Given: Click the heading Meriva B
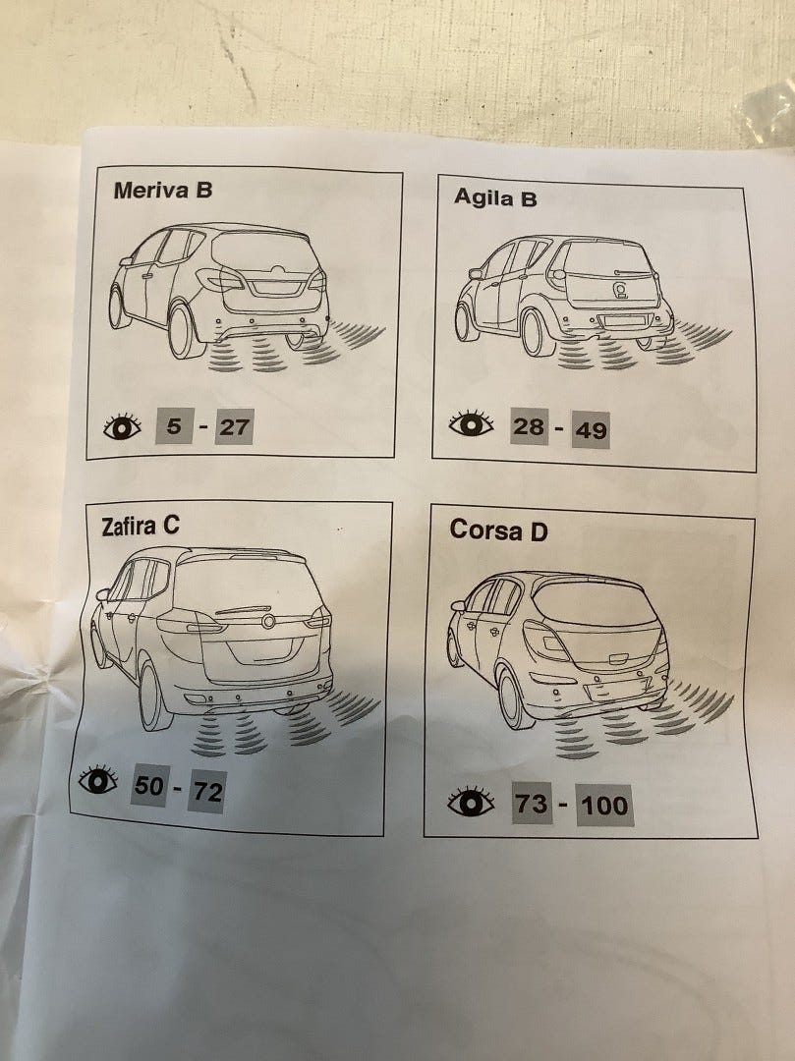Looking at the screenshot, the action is [x=162, y=191].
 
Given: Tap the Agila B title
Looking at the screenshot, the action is [x=495, y=197].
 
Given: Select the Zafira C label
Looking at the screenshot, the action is [x=141, y=526].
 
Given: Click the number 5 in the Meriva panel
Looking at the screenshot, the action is [x=175, y=425].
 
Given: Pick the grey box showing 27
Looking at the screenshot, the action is [x=234, y=427].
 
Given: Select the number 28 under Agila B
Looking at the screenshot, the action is [x=529, y=426].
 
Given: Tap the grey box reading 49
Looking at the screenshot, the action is [x=590, y=429].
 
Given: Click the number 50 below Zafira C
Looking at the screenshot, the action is [x=148, y=785].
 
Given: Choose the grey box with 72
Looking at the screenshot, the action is [x=207, y=791].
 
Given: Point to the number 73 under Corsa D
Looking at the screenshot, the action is [x=531, y=804].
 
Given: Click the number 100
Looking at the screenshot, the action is [x=605, y=806].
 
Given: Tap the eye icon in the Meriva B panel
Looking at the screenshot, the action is [x=123, y=426].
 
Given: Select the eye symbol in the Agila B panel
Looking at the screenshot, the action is [x=471, y=423].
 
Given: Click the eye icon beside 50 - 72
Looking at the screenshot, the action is [x=98, y=780].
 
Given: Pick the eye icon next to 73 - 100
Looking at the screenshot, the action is [x=471, y=802].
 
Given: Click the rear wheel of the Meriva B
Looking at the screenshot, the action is [x=183, y=331].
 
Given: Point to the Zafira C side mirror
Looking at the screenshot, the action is [x=102, y=594].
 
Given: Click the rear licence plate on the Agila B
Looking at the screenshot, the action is [x=625, y=321].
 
